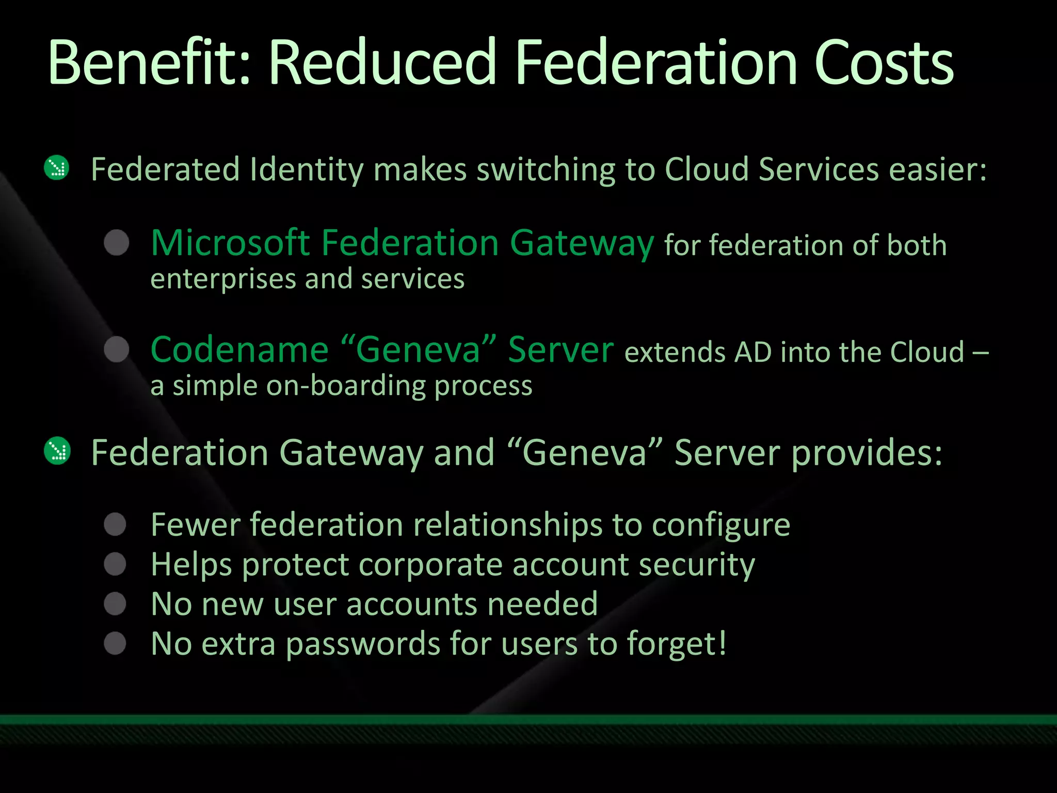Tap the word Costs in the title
(x=884, y=63)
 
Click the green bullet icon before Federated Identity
(x=57, y=168)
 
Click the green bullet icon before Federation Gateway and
(x=57, y=450)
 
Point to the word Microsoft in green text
(x=230, y=243)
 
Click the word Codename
(x=239, y=350)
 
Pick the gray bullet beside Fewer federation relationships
(x=115, y=525)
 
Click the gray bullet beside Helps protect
(x=115, y=564)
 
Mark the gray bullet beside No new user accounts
(x=115, y=604)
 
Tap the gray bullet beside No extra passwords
(x=115, y=643)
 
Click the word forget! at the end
(x=677, y=644)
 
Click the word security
(x=697, y=565)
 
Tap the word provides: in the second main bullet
(x=867, y=453)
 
